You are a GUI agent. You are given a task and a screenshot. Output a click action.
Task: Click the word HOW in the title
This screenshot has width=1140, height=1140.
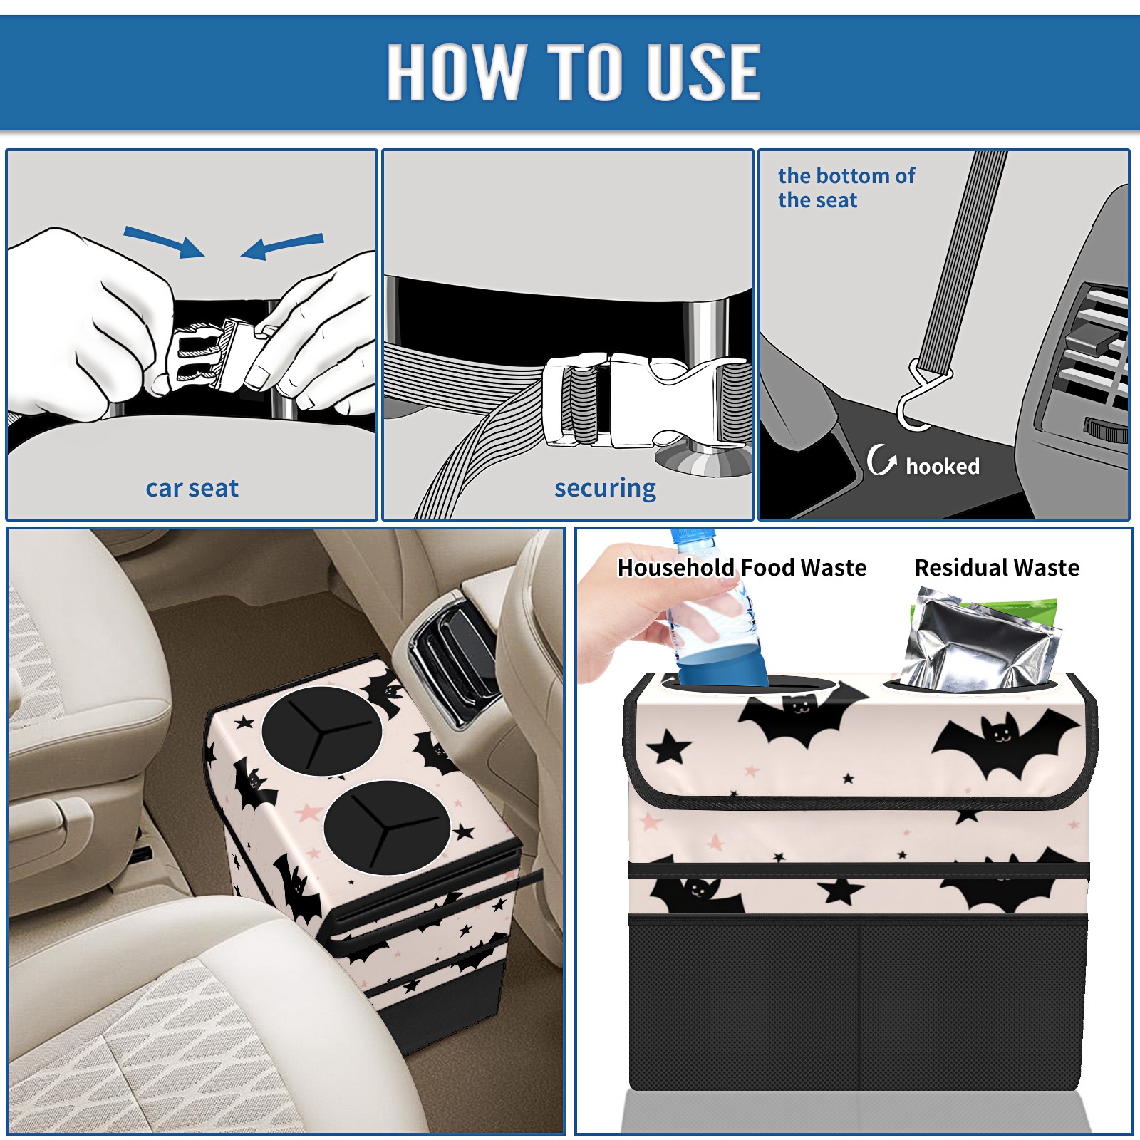455,71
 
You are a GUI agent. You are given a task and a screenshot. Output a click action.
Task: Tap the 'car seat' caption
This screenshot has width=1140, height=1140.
192,488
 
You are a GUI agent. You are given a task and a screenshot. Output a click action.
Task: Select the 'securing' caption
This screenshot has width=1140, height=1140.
605,488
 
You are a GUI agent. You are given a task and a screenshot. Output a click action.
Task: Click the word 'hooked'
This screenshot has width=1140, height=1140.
943,466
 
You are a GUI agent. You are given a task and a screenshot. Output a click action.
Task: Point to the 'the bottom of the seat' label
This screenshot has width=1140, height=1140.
846,187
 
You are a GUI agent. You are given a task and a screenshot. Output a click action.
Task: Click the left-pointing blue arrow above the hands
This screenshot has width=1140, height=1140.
282,246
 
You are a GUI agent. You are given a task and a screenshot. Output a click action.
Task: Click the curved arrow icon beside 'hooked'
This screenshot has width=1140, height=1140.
881,460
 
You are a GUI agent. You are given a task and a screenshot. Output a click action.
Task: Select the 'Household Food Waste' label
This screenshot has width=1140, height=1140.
742,568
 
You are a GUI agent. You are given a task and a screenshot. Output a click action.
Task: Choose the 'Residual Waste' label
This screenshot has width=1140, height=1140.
997,568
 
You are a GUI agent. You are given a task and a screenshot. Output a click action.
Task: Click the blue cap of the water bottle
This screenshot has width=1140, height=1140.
692,537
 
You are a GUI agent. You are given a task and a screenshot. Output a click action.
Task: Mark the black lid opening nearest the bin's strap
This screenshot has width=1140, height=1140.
387,828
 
